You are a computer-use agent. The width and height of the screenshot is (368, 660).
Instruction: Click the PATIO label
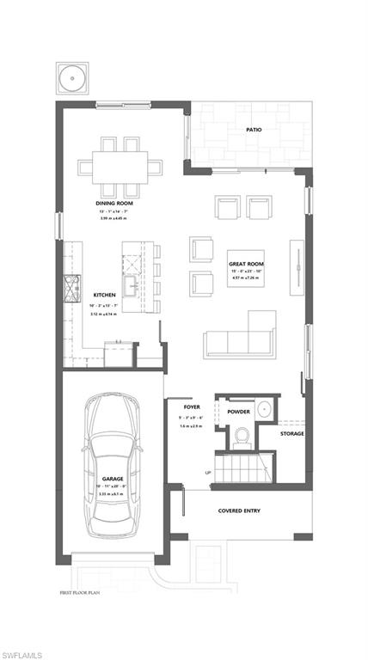tap(254, 130)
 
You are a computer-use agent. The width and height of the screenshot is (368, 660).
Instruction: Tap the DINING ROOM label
tap(112, 204)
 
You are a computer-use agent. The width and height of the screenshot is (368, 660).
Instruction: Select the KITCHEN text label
tap(104, 294)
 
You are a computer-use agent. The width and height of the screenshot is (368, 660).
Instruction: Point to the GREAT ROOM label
tap(245, 264)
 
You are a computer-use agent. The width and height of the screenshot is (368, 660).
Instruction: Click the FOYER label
tap(193, 406)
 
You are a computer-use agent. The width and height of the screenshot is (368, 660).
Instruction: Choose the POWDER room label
tap(239, 412)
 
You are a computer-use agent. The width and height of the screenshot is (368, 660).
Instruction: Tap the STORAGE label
tap(291, 433)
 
